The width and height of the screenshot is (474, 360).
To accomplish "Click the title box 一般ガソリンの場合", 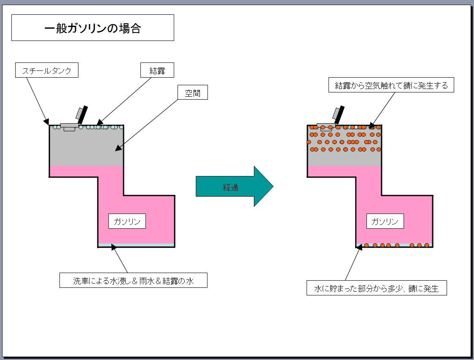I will [92, 28].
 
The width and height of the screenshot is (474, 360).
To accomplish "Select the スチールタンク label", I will [46, 70].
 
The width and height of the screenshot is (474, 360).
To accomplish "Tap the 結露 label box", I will [157, 70].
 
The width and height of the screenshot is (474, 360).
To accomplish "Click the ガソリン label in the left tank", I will [127, 222].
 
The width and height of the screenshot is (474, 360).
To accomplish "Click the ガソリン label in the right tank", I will [385, 222].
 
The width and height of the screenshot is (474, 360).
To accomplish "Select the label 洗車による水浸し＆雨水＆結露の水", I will [133, 281].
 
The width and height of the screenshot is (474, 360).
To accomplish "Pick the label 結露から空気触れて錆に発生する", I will [391, 86].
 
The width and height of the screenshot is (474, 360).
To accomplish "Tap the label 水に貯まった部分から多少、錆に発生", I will [377, 289].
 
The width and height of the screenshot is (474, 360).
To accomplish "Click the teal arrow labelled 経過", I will [234, 187].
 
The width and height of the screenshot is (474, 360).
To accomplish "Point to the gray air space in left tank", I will [86, 148].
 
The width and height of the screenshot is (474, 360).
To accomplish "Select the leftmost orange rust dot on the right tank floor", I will [366, 245].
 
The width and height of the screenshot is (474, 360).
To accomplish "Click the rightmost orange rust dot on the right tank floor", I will [426, 245].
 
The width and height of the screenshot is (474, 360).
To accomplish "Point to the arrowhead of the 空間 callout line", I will [118, 148].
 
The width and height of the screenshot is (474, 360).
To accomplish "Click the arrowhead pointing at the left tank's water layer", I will [114, 247].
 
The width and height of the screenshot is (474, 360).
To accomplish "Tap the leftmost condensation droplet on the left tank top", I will [54, 127].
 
